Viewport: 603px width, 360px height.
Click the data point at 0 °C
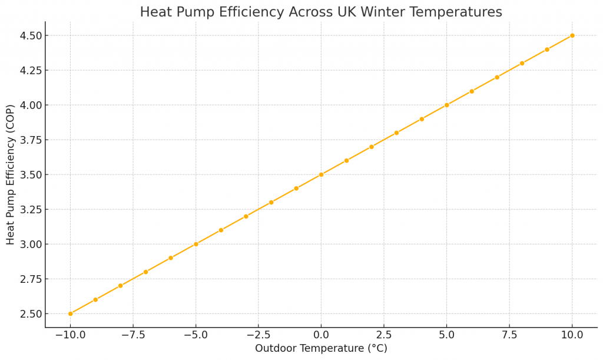pyautogui.click(x=321, y=174)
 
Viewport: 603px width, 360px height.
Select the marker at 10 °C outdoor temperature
pyautogui.click(x=572, y=35)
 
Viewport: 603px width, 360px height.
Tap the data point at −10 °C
pyautogui.click(x=70, y=313)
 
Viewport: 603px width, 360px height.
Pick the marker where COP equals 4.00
pyautogui.click(x=446, y=105)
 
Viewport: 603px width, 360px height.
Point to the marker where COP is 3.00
pyautogui.click(x=196, y=244)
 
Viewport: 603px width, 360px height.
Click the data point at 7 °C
pyautogui.click(x=496, y=77)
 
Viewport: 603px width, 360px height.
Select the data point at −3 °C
pyautogui.click(x=246, y=216)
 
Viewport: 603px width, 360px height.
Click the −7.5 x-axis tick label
pyautogui.click(x=133, y=335)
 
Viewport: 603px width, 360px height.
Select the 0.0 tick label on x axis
pyautogui.click(x=321, y=335)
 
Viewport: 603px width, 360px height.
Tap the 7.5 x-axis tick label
pyautogui.click(x=509, y=335)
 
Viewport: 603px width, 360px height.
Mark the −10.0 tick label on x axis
pyautogui.click(x=70, y=335)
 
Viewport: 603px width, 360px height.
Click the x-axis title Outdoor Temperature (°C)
pyautogui.click(x=321, y=349)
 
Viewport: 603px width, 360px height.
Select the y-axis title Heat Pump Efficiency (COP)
pyautogui.click(x=11, y=174)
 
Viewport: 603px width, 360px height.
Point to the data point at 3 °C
pyautogui.click(x=396, y=133)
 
